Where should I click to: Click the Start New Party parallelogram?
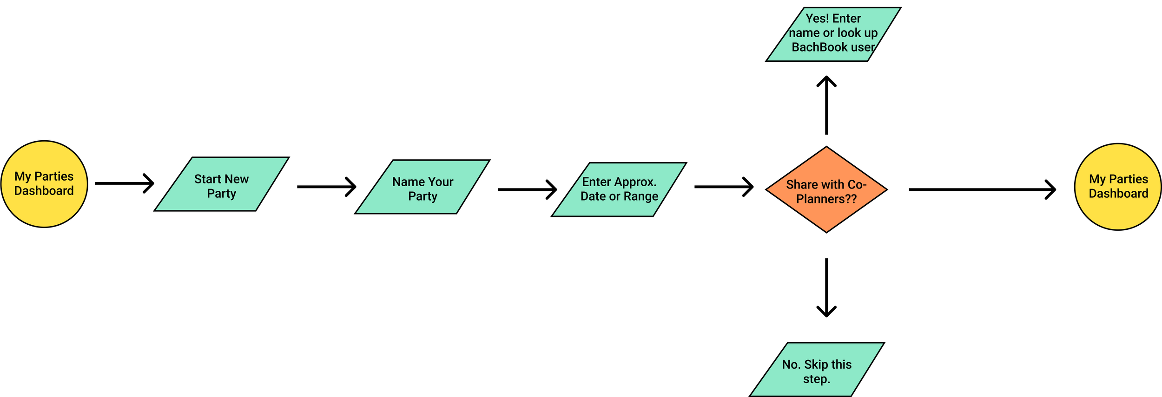coord(221,184)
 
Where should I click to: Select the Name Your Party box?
coord(422,187)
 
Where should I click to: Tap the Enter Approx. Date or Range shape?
coord(619,189)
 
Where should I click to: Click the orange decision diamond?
coord(826,190)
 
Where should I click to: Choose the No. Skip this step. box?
coord(817,370)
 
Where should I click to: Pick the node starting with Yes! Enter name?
coord(833,34)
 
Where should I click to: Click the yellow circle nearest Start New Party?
coord(44,184)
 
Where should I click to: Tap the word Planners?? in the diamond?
coord(826,199)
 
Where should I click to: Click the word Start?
coord(208,179)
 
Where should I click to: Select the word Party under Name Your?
coord(423,196)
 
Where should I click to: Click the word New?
coord(237,179)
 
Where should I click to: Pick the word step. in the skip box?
coord(816,379)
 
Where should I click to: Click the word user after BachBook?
coord(863,47)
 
